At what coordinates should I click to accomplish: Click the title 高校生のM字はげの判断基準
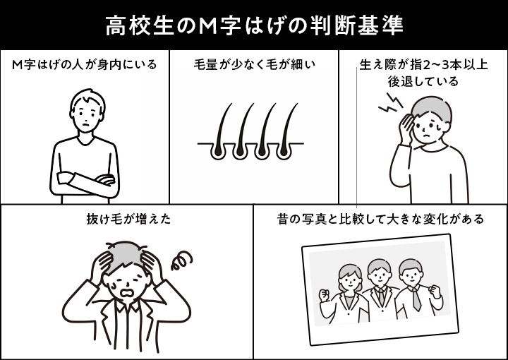click(x=254, y=26)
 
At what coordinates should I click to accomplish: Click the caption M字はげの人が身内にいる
click(x=84, y=64)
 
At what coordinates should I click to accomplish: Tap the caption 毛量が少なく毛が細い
click(x=254, y=64)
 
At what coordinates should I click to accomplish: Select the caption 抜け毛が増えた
click(x=128, y=219)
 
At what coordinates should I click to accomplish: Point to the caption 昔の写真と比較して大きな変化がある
click(x=380, y=219)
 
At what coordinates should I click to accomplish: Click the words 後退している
click(x=423, y=81)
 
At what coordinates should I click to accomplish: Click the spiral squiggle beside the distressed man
click(x=182, y=260)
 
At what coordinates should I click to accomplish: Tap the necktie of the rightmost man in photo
click(x=416, y=299)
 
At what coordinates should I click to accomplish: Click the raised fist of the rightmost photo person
click(x=435, y=291)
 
